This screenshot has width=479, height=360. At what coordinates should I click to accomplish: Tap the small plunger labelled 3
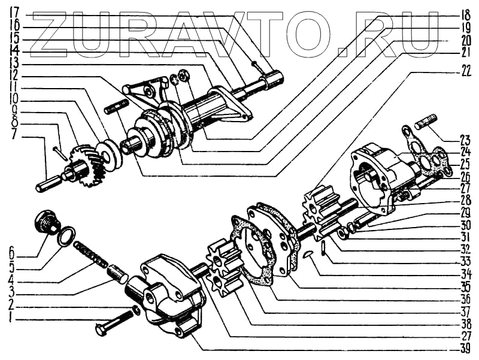coord(116,275)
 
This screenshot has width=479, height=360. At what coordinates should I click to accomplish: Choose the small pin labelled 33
coord(323,247)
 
